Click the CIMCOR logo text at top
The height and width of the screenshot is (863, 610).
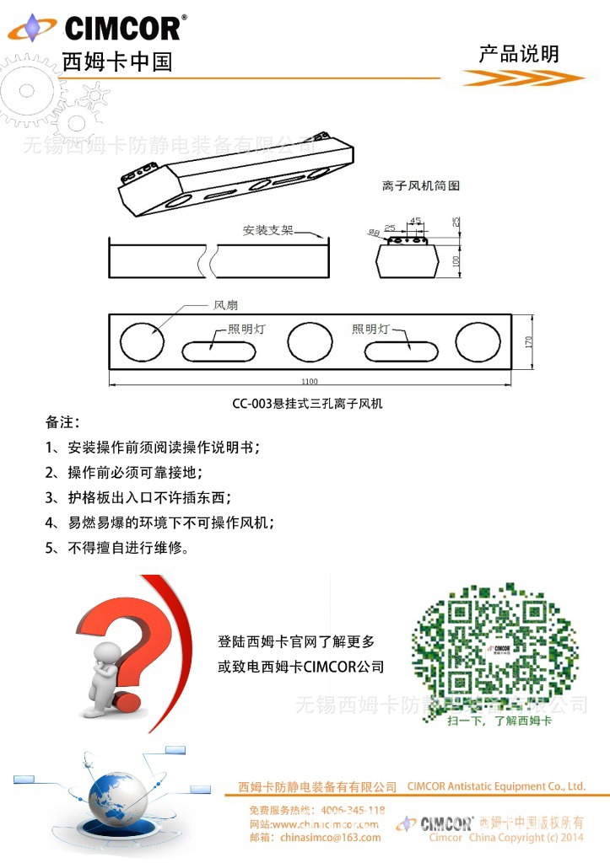pyautogui.click(x=121, y=29)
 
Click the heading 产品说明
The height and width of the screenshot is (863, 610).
pyautogui.click(x=519, y=55)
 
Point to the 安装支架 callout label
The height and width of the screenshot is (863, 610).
pyautogui.click(x=267, y=230)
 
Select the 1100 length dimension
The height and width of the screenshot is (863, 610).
pyautogui.click(x=310, y=382)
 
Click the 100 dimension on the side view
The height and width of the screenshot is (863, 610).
pyautogui.click(x=455, y=262)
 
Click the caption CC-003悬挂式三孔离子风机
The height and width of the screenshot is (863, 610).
pyautogui.click(x=308, y=404)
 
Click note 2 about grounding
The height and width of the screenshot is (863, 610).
pyautogui.click(x=124, y=472)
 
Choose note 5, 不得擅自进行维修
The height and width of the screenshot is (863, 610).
pyautogui.click(x=116, y=548)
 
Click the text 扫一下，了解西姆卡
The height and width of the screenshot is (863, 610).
pyautogui.click(x=499, y=721)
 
